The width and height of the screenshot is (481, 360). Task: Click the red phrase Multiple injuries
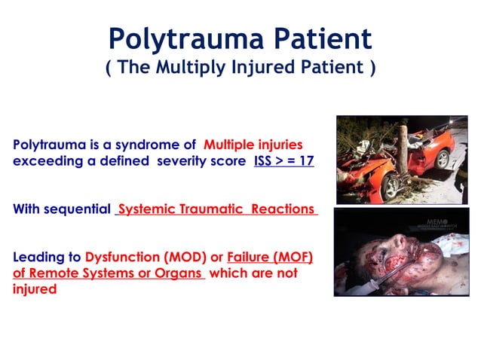253,144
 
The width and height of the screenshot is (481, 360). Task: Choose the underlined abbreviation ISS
265,161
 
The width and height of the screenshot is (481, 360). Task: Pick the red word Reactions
283,209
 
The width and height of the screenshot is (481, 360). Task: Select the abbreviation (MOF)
291,256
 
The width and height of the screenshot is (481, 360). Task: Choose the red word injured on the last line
35,289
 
